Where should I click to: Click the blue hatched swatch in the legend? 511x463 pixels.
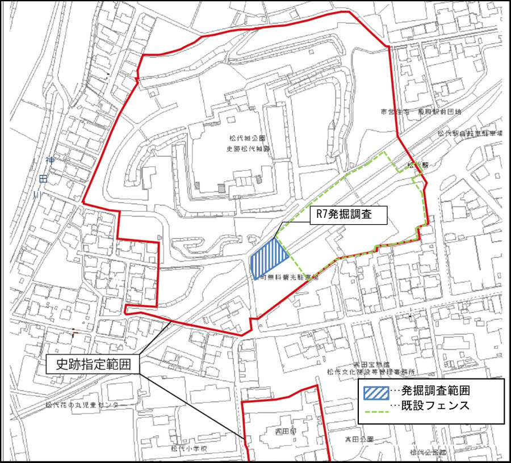pyautogui.click(x=376, y=391)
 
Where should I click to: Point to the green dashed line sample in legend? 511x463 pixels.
pyautogui.click(x=376, y=407)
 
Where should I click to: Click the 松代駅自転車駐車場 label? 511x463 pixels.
pyautogui.click(x=470, y=134)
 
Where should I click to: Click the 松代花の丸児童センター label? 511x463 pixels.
pyautogui.click(x=82, y=405)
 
